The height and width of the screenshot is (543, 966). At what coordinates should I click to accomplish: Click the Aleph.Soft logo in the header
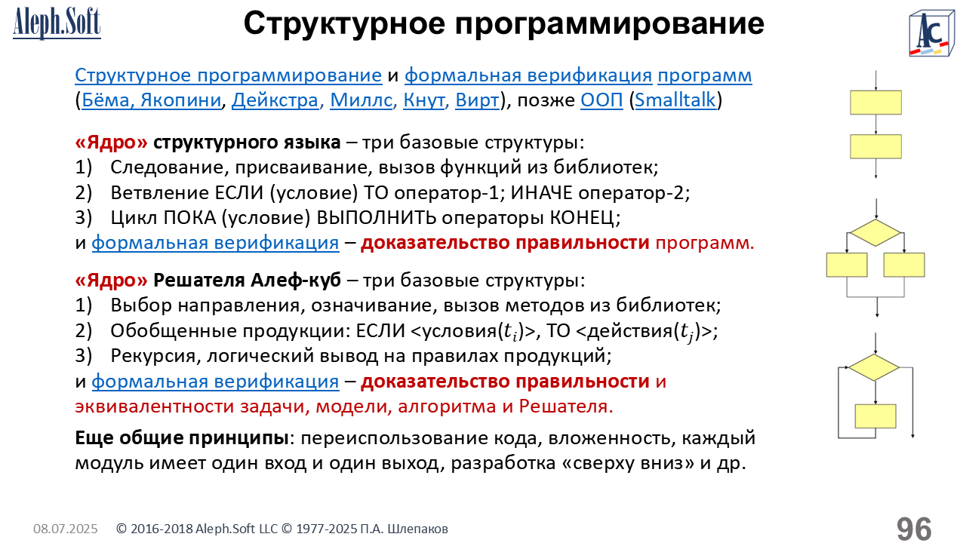(x=57, y=23)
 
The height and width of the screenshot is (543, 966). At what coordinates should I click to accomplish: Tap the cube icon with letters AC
(x=931, y=33)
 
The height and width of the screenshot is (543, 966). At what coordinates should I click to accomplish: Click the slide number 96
(x=914, y=528)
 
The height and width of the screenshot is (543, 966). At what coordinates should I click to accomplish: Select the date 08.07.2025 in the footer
(x=66, y=529)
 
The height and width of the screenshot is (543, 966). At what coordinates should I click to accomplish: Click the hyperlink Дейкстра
(x=275, y=100)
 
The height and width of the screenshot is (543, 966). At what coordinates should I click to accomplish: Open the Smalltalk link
(x=675, y=100)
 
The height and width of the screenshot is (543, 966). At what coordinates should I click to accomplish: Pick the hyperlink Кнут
(x=423, y=100)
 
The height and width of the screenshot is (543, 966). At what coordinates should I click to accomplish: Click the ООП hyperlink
(x=601, y=100)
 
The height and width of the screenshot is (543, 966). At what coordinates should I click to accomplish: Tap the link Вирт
(x=478, y=100)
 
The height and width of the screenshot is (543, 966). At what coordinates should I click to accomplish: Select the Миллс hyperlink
(x=361, y=100)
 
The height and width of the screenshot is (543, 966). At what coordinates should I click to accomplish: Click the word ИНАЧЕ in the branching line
(x=541, y=192)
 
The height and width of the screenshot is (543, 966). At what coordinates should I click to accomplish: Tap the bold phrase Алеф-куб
(x=296, y=280)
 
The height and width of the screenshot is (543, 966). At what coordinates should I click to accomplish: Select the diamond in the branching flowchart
(x=875, y=233)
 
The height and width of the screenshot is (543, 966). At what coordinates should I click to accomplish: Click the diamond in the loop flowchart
(x=874, y=367)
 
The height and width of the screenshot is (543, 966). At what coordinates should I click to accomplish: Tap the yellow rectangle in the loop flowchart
(x=875, y=416)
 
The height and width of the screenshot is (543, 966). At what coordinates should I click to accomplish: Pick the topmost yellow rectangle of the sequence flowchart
(x=876, y=103)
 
